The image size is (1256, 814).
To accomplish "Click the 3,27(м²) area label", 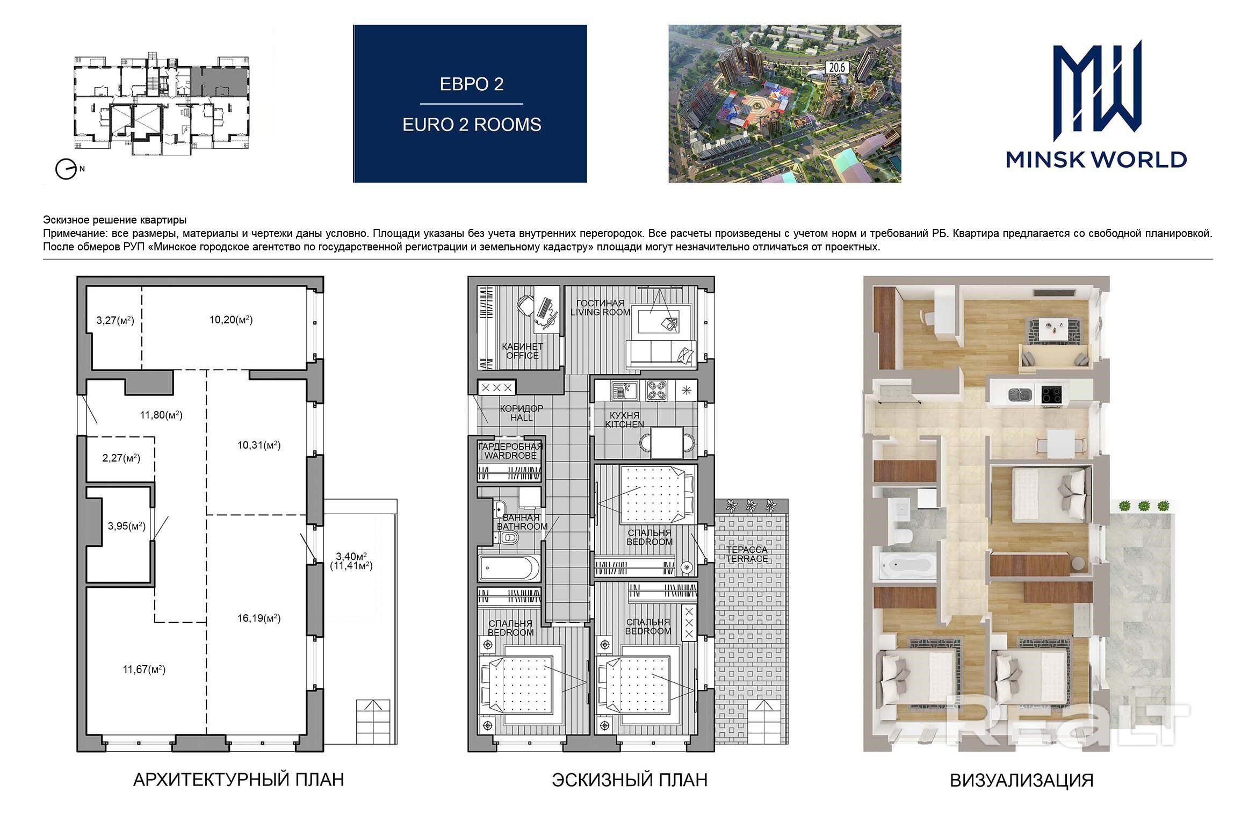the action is click(115, 321).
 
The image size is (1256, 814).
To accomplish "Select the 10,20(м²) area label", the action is click(231, 320).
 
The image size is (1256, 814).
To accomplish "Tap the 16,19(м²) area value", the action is click(259, 618).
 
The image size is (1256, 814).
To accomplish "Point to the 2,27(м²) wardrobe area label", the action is click(121, 458).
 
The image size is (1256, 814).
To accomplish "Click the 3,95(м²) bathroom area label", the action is click(127, 526).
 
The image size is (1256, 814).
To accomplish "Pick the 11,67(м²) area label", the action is click(144, 669).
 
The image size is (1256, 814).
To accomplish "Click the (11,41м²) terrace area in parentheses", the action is click(351, 566).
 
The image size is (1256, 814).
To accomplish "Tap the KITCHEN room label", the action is click(624, 424).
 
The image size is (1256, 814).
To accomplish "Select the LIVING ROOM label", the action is click(600, 312).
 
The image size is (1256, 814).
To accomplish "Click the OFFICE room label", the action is click(522, 356).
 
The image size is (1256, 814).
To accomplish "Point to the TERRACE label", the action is click(747, 559).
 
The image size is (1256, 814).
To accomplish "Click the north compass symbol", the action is click(66, 170).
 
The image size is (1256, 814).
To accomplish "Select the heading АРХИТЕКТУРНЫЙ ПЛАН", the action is click(239, 780).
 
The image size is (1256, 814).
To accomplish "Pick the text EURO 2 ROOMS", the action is click(472, 125).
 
